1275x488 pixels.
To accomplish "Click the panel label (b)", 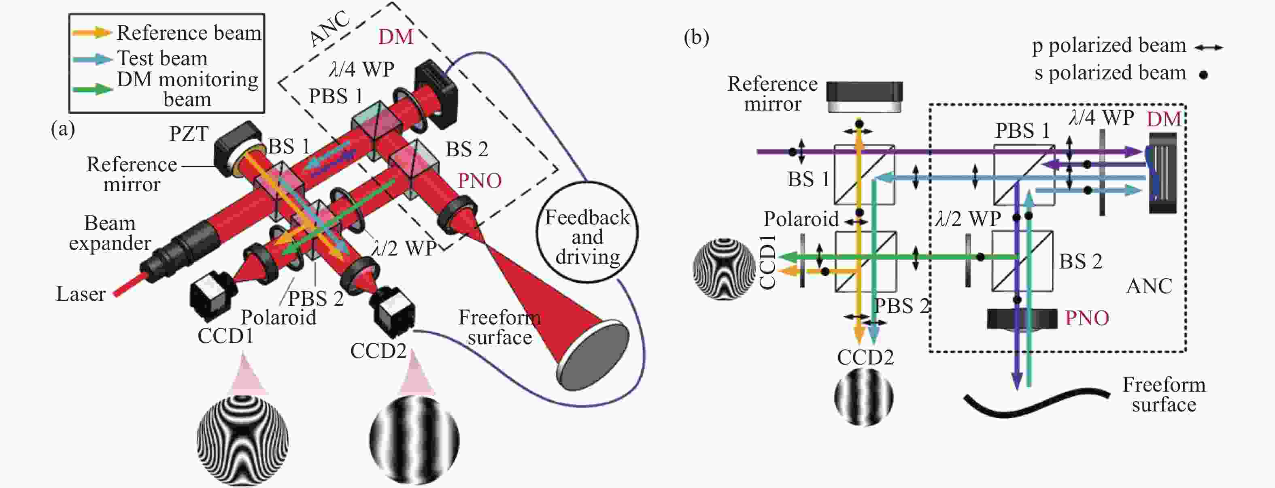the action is [696, 37].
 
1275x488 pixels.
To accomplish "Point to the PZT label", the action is [189, 134].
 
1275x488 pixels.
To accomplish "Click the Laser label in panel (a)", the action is [81, 294].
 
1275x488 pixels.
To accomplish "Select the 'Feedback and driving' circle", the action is [587, 232].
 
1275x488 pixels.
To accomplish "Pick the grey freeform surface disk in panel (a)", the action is [593, 356].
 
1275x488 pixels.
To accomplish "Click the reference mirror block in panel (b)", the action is [864, 97].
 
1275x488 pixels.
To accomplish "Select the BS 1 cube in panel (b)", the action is [864, 175].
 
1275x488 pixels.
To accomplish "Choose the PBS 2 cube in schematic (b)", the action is [865, 261].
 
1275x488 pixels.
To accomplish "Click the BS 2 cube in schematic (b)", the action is [1022, 261].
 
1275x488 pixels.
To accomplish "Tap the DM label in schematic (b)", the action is [1164, 120].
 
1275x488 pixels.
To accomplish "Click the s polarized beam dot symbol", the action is [1203, 75].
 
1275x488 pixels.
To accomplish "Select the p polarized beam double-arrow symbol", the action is [1208, 47].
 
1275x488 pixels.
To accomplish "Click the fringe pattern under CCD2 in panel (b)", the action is [864, 397].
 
